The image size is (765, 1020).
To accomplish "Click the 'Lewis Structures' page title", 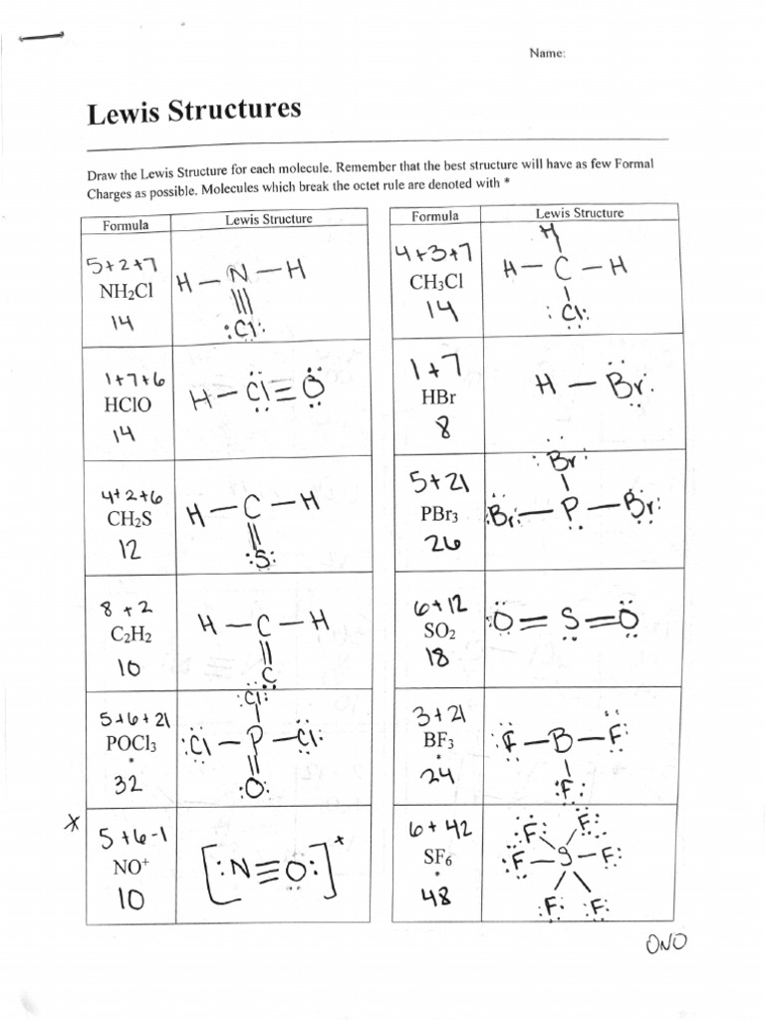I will pos(193,113).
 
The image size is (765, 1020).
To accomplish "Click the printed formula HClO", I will pos(120,407).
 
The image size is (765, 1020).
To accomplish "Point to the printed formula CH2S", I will pos(122,518).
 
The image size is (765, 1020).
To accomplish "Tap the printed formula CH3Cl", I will pos(436,282).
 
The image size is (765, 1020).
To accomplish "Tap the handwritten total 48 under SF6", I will pos(436,895).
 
